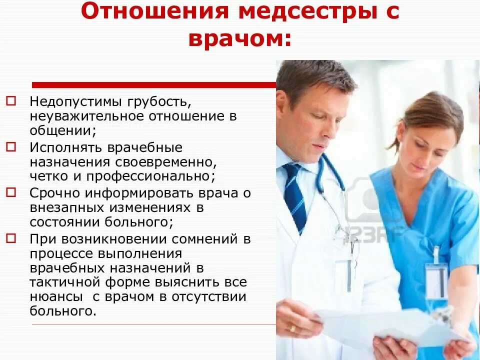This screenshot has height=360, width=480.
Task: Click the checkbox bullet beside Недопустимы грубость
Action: click(11, 101)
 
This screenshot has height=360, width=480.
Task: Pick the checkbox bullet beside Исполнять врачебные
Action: click(11, 147)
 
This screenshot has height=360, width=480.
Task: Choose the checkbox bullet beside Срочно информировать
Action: click(11, 192)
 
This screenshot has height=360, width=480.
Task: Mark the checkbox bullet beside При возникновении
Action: click(11, 238)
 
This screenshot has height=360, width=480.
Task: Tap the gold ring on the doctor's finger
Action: click(292, 328)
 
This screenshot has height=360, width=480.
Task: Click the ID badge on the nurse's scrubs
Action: click(436, 280)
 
